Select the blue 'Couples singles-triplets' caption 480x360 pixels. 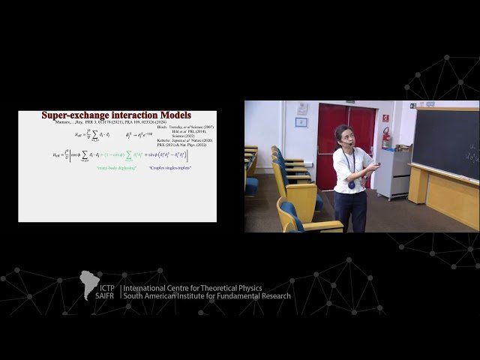coord(169,168)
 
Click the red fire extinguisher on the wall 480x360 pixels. coord(386,139)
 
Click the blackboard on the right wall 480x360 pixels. coord(445,142)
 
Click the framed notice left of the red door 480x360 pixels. coord(301,121)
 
